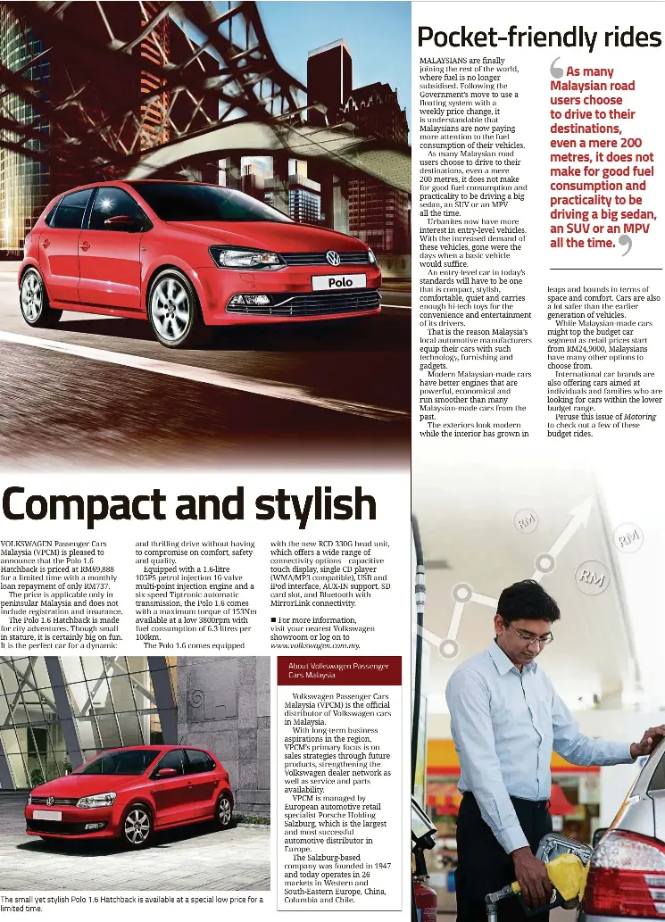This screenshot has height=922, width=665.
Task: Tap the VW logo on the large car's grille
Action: point(333,258)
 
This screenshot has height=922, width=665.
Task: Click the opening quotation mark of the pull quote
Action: point(556,69)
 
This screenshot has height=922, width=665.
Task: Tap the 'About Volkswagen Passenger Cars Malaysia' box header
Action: point(338,670)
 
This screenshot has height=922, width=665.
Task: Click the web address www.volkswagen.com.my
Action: point(315,644)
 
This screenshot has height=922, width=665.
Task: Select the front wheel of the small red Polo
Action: point(136,826)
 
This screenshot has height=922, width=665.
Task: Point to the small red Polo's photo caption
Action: point(132,903)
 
